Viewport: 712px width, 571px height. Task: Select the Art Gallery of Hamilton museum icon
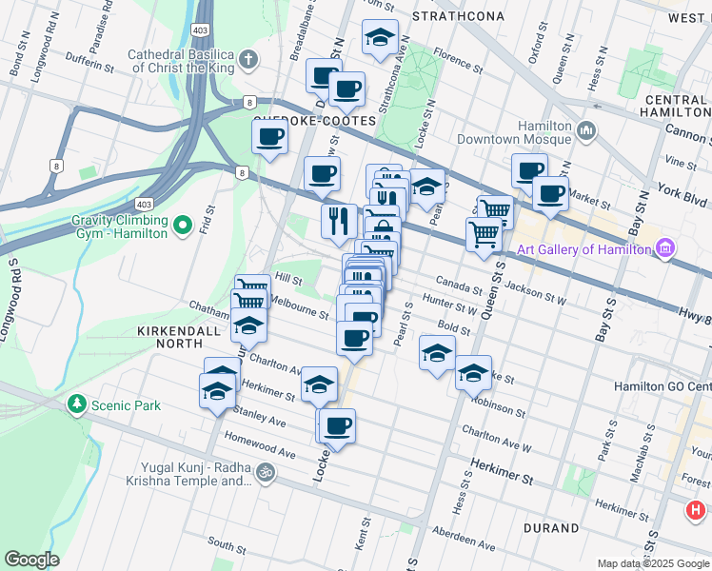(664, 249)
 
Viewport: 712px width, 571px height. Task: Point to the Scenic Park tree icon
(76, 405)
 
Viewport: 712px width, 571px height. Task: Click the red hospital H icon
(696, 511)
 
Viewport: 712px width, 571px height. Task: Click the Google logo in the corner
(31, 560)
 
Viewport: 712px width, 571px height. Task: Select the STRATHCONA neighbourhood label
(454, 17)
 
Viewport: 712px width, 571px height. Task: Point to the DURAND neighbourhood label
(550, 527)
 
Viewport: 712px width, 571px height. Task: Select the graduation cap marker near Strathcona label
(380, 38)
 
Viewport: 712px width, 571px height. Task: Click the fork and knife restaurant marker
(339, 221)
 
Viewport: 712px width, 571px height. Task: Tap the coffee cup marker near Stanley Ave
(338, 425)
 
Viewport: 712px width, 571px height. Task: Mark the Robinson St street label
(498, 408)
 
